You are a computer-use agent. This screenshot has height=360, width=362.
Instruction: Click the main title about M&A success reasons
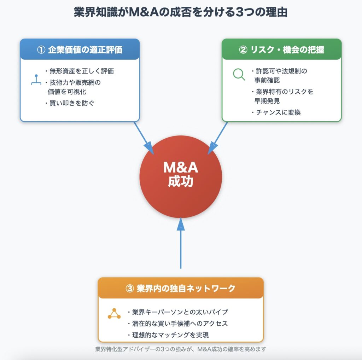click(181, 12)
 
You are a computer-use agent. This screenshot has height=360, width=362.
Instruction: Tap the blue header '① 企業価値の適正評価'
click(80, 50)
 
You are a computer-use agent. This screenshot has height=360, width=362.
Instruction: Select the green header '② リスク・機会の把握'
click(281, 50)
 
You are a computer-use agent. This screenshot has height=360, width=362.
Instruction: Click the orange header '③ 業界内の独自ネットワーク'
click(181, 288)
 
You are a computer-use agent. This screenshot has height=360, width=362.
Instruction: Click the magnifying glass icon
click(239, 74)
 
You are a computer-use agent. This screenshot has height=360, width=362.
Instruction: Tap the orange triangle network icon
click(114, 314)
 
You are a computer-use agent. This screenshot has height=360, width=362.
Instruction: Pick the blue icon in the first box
click(36, 80)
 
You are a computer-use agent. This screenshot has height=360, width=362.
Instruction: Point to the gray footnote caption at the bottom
click(181, 349)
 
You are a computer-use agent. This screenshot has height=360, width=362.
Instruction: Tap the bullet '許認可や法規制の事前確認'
click(279, 75)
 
